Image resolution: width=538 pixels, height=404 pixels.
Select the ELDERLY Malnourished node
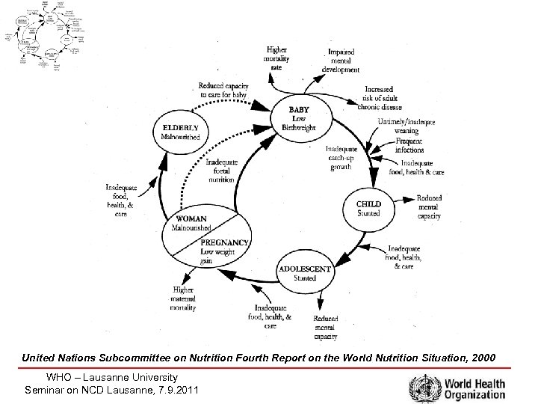(x=181, y=132)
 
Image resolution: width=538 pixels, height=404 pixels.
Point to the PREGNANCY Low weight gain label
(x=224, y=251)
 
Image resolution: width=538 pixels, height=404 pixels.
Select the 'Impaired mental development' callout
(x=340, y=60)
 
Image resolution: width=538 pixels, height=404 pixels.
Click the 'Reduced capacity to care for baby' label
(x=223, y=89)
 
